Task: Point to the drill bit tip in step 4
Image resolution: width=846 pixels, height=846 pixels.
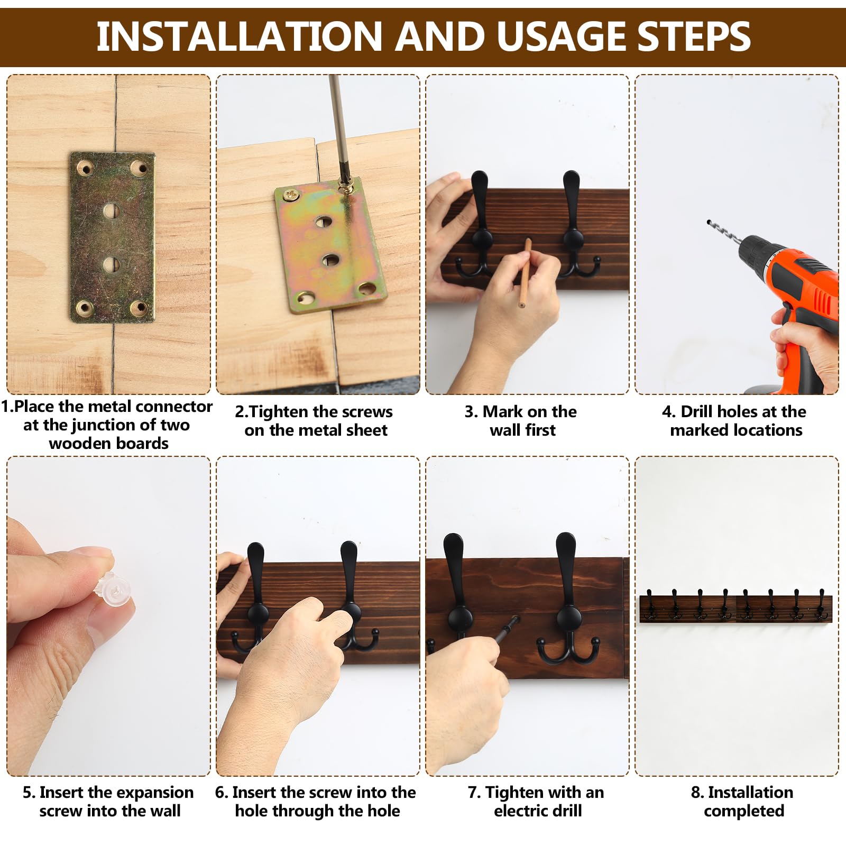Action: (x=708, y=220)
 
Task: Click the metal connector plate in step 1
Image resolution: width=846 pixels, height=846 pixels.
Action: (x=112, y=237)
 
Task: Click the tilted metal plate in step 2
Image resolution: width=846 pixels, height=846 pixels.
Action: (x=330, y=245)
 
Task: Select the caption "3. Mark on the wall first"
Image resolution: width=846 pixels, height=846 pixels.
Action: (x=521, y=420)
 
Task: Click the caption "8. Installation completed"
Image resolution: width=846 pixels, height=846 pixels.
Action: (x=743, y=801)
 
